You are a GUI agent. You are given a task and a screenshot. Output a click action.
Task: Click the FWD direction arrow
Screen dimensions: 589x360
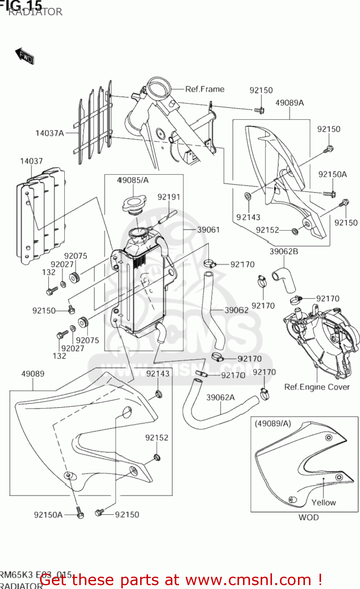24,56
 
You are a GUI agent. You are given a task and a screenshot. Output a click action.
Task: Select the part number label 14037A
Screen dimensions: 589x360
49,133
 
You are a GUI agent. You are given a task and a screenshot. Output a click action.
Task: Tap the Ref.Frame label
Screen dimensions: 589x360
205,89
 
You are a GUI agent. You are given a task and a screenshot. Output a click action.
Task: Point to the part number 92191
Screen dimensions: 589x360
169,197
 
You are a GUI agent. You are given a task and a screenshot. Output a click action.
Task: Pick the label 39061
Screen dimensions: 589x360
208,229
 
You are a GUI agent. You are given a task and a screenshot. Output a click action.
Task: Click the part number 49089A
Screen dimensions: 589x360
289,103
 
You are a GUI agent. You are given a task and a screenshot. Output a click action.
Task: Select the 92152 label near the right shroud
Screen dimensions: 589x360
267,230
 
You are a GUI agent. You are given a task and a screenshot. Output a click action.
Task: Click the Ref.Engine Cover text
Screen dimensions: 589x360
316,387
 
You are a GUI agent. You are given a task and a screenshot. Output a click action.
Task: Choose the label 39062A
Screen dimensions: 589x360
220,397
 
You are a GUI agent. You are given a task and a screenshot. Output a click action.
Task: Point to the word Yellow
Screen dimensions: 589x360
323,503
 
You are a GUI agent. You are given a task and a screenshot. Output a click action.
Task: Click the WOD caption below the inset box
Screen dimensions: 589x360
309,518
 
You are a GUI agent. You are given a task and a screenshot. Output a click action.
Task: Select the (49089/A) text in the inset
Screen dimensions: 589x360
273,424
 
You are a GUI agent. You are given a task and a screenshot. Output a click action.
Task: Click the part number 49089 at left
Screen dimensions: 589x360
33,374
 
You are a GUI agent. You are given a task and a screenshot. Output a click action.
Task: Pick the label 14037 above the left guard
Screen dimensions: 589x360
31,161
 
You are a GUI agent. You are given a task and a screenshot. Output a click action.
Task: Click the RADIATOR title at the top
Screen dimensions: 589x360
35,12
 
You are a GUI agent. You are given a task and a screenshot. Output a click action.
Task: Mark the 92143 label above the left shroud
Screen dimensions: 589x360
158,373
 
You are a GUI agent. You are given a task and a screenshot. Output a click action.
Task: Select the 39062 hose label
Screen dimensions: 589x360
236,310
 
